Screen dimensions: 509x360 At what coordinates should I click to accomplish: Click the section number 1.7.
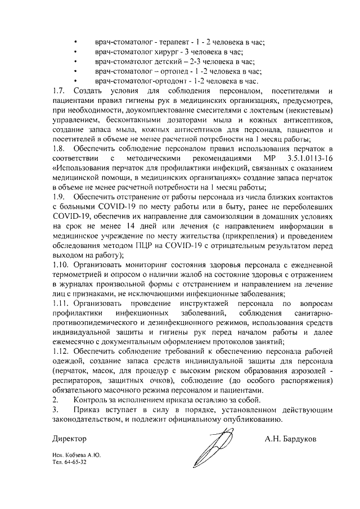pos(58,91)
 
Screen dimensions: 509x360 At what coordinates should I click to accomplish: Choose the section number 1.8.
pos(58,150)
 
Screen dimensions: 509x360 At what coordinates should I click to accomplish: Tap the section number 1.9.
pos(58,198)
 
